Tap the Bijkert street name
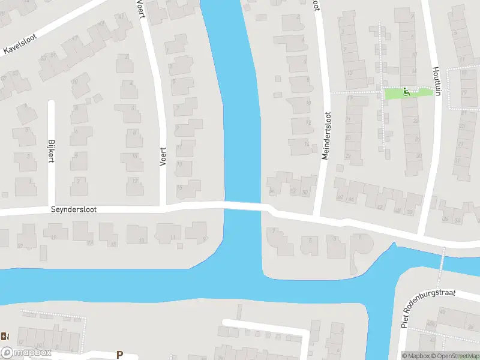pos(51,150)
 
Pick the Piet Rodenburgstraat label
pos(430,307)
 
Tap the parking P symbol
pos(119,355)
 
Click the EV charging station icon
pos(5,336)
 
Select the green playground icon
pos(407,92)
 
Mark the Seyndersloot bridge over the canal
pos(242,206)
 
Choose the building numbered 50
pos(305,191)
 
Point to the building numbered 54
pos(272,191)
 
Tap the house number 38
pos(410,212)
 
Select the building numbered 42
pos(379,207)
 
